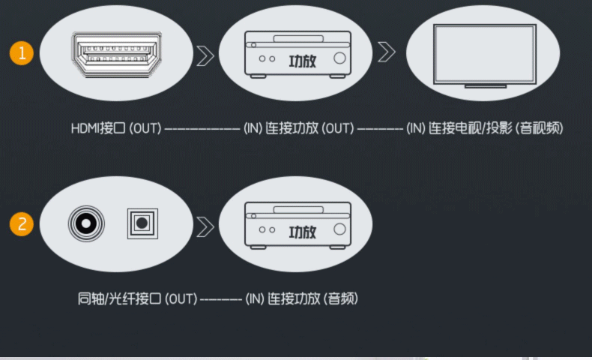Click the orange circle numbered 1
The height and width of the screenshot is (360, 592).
click(22, 53)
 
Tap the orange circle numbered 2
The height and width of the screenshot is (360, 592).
click(22, 224)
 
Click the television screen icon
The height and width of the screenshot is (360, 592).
click(485, 54)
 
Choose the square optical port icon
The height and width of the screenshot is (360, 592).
click(142, 223)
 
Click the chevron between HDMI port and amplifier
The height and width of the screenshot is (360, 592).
click(205, 54)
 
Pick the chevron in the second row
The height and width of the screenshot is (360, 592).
click(205, 225)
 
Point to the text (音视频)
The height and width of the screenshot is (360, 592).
click(540, 128)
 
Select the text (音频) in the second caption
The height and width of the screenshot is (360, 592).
click(341, 298)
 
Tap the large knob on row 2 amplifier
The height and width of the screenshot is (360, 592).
click(339, 229)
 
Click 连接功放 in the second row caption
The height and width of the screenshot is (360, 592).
click(295, 298)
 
